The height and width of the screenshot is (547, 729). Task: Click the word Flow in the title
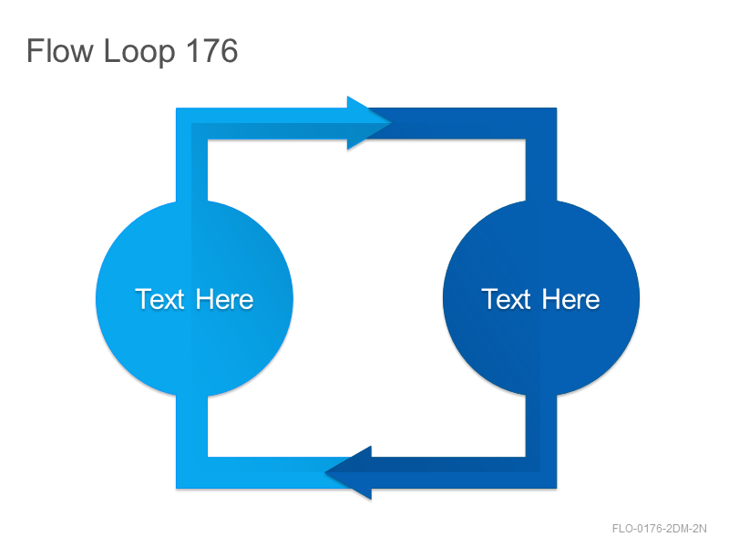60,50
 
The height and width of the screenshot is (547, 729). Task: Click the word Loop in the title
139,52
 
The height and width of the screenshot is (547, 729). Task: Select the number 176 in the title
211,50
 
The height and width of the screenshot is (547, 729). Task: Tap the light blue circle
194,299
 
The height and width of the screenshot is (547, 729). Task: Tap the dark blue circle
541,299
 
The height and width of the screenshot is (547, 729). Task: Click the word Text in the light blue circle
159,299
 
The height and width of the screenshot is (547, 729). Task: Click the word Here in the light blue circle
224,299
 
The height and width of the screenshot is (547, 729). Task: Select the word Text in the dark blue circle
506,299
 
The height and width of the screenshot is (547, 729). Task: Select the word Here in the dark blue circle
571,299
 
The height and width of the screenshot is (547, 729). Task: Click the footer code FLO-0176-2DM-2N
659,529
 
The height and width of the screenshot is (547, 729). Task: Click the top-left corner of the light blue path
176,108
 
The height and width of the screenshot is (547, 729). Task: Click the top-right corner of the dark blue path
557,108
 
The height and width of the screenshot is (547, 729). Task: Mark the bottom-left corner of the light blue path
176,489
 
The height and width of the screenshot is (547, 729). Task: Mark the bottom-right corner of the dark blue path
557,489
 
